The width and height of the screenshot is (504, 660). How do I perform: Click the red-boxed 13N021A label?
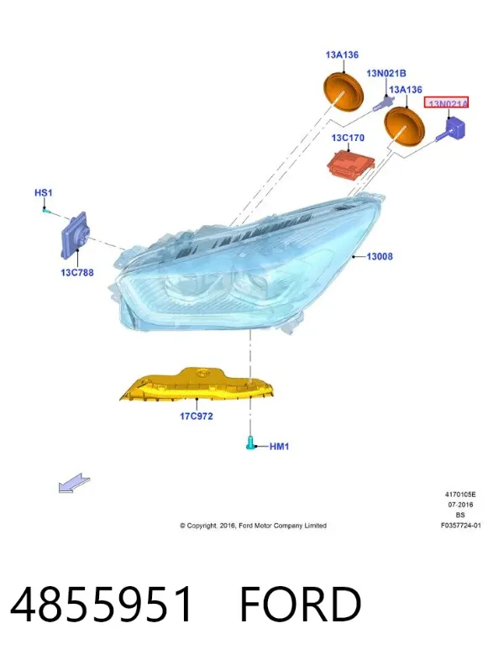[446, 102]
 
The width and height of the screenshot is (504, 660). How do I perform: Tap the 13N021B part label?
[386, 73]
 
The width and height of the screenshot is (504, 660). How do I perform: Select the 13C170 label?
[348, 138]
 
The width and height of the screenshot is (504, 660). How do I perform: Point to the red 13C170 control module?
[351, 164]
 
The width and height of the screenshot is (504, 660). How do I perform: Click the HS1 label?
[44, 193]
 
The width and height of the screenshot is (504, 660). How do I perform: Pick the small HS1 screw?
[46, 210]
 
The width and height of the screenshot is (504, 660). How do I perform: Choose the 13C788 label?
[77, 272]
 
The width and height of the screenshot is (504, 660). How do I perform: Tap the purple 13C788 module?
[76, 235]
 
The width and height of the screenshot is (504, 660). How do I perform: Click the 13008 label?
[380, 256]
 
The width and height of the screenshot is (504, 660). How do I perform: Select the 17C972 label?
[197, 416]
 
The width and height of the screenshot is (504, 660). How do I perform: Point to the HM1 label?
[279, 446]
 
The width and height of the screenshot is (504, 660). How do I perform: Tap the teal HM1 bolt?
[249, 443]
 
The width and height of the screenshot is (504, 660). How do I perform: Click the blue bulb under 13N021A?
[452, 129]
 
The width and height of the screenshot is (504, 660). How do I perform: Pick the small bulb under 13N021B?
[383, 102]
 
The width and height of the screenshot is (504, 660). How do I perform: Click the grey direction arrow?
[74, 482]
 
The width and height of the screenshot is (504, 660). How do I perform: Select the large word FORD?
[300, 604]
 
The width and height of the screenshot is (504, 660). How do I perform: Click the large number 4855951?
[102, 604]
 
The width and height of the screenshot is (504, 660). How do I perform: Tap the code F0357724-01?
[460, 526]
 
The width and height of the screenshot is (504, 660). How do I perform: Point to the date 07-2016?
[460, 505]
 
